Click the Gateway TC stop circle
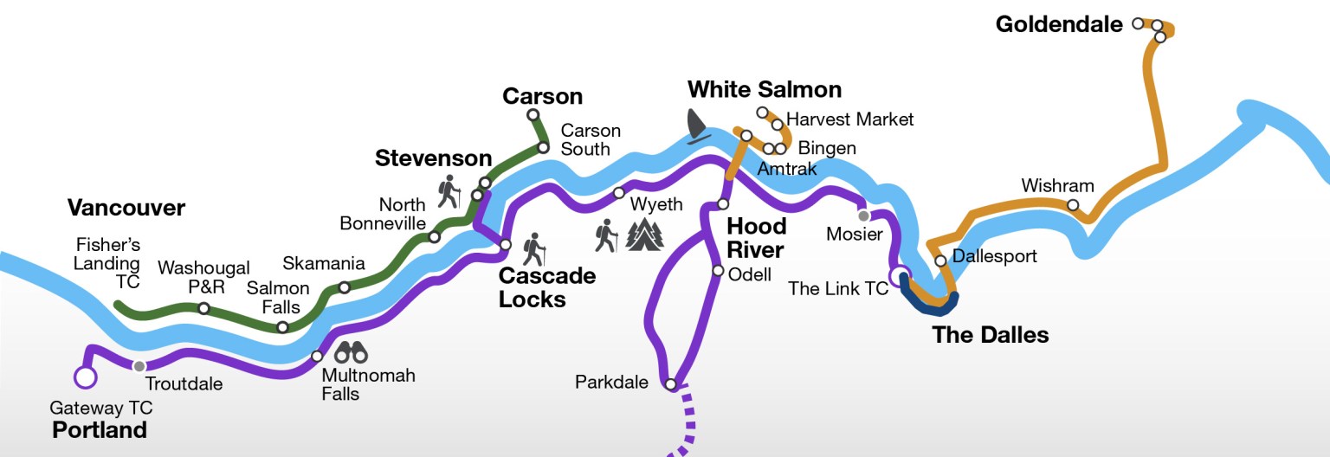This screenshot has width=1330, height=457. (85, 377)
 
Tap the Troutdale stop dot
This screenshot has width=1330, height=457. (139, 366)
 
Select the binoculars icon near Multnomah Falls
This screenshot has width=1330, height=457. (351, 352)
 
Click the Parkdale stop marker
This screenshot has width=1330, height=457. (670, 383)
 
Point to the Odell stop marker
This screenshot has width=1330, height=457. (717, 271)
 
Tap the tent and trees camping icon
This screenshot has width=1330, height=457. (644, 235)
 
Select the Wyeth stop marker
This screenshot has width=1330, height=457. (618, 193)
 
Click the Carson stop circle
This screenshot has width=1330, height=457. (533, 114)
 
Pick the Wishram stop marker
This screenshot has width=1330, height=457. (1073, 205)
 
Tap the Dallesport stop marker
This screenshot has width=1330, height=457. (940, 261)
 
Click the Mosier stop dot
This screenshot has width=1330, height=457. (862, 215)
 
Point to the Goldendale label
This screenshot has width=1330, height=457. (1058, 24)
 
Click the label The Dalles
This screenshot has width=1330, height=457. (990, 335)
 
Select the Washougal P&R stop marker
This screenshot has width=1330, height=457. (203, 308)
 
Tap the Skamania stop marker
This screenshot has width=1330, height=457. (344, 287)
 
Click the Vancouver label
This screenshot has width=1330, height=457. (126, 208)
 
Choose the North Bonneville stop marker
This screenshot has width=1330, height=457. (434, 237)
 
